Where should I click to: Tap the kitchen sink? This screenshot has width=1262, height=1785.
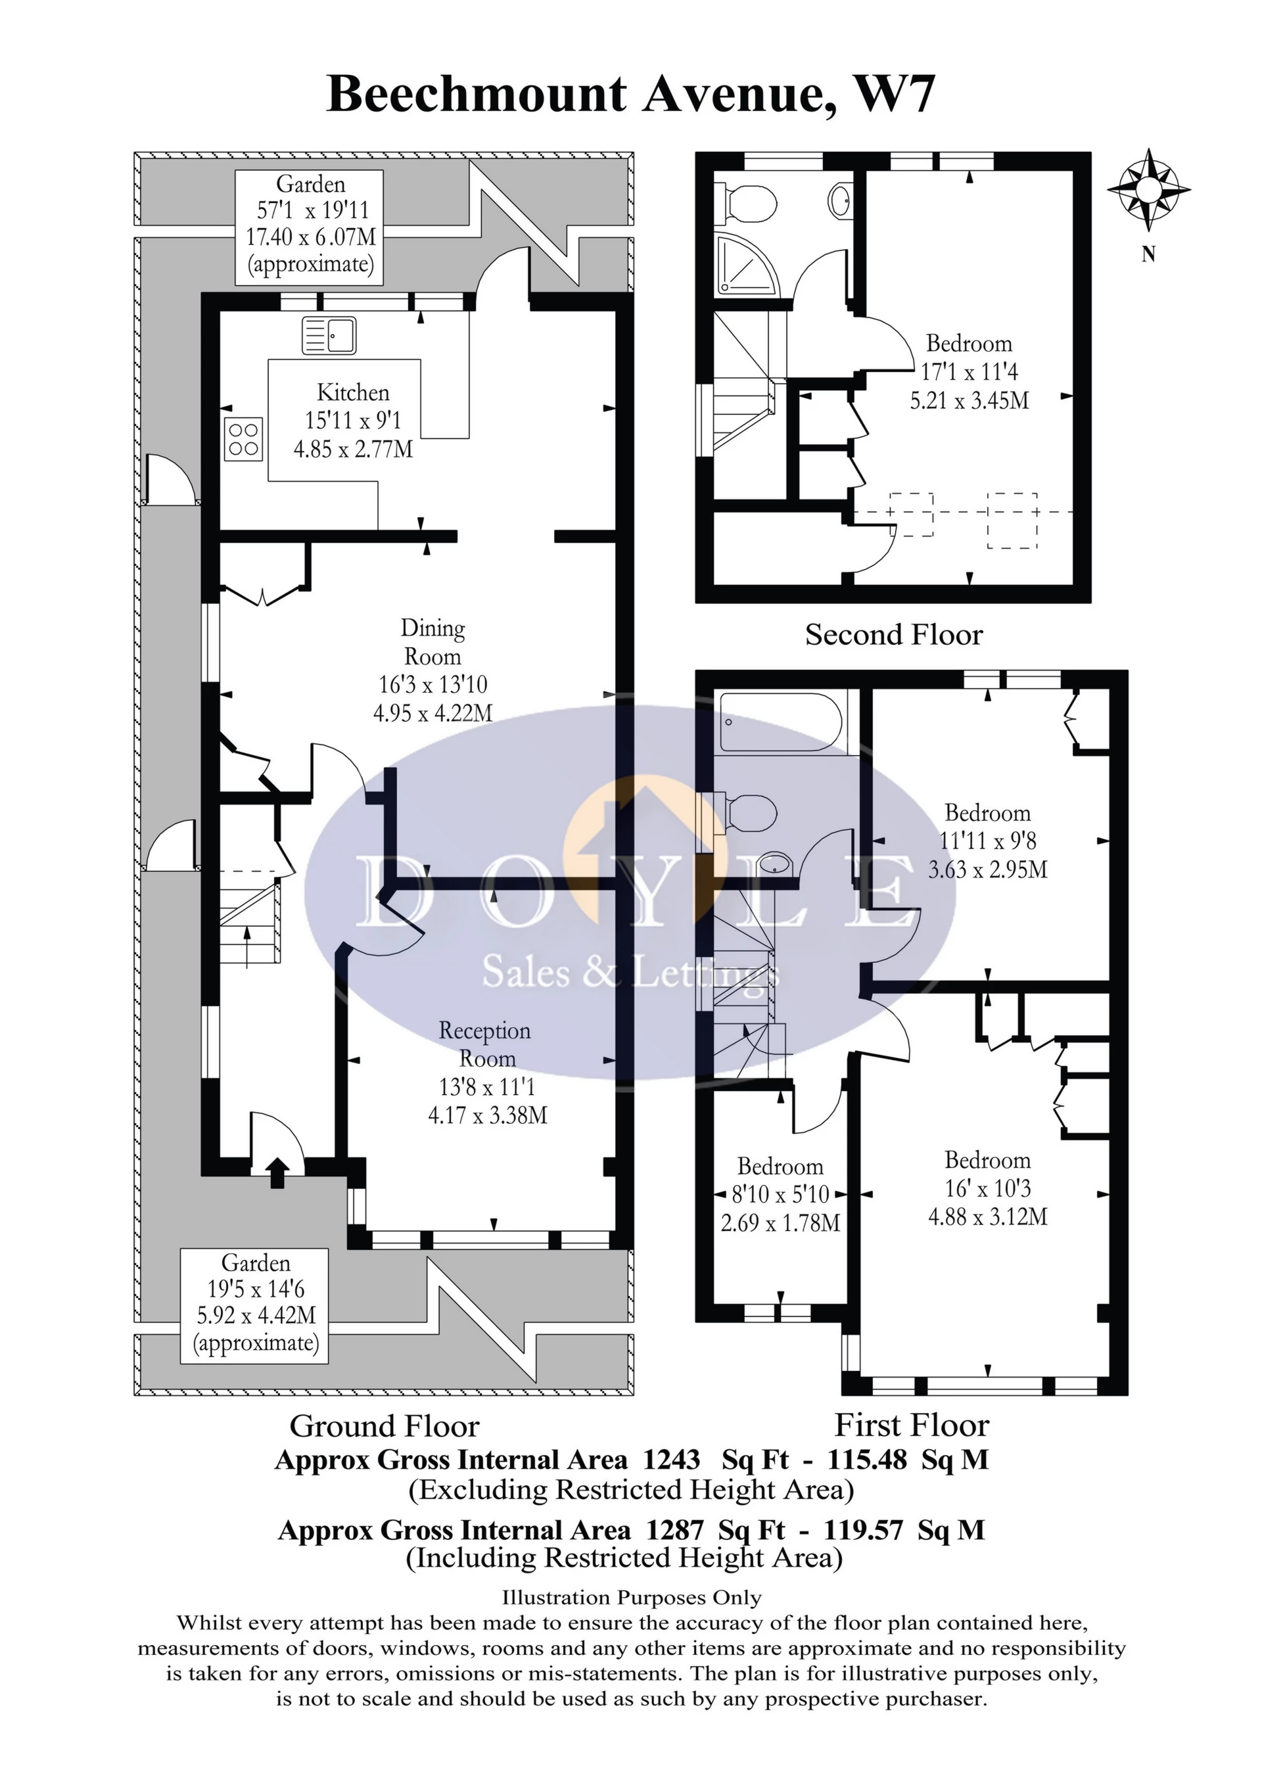pyautogui.click(x=329, y=335)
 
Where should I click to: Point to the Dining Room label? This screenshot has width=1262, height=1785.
pyautogui.click(x=433, y=641)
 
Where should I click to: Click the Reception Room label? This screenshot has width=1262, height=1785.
pyautogui.click(x=485, y=1044)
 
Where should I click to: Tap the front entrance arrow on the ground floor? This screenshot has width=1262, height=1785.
pyautogui.click(x=276, y=1172)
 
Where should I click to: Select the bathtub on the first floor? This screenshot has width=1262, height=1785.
pyautogui.click(x=781, y=722)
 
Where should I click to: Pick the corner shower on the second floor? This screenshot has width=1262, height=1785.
pyautogui.click(x=745, y=264)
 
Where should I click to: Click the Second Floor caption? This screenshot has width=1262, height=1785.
pyautogui.click(x=893, y=635)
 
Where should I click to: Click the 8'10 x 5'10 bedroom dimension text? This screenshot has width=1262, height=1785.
pyautogui.click(x=780, y=1194)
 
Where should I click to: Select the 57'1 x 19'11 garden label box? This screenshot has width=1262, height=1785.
pyautogui.click(x=310, y=226)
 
